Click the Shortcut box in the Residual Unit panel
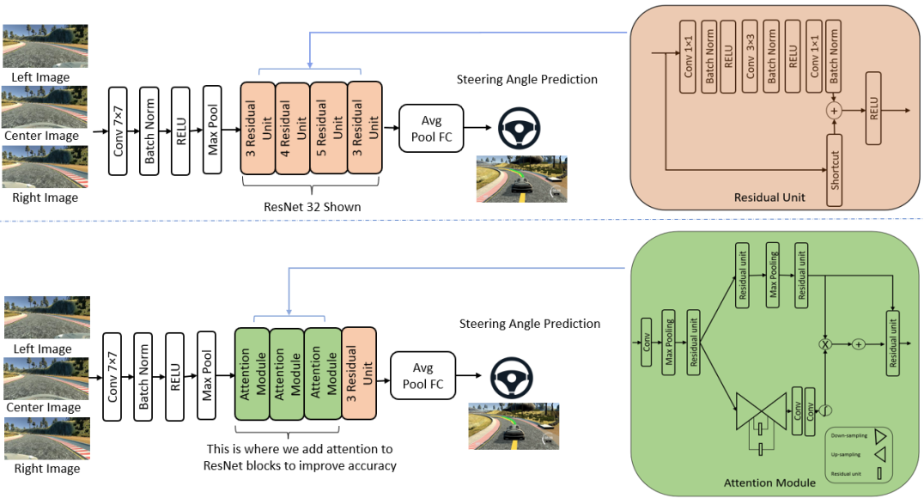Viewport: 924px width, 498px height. (835, 170)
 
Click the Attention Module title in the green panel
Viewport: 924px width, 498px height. (769, 483)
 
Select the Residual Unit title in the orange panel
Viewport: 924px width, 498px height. (769, 197)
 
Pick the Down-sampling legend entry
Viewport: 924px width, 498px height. (854, 436)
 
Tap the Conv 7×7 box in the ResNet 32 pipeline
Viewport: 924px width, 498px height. (122, 131)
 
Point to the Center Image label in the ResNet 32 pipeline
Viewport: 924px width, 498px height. (41, 136)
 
